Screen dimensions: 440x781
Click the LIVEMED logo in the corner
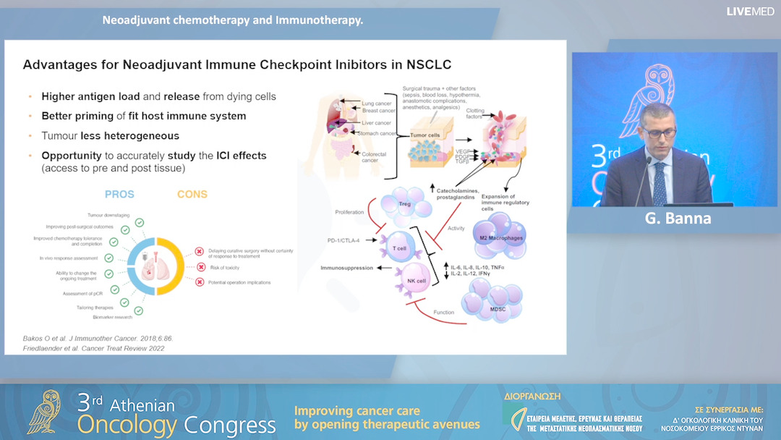pos(751,12)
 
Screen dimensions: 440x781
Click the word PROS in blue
pos(119,194)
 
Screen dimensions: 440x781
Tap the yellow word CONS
pos(192,194)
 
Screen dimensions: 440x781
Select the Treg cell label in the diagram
pos(404,205)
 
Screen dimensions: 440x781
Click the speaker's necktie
pos(659,185)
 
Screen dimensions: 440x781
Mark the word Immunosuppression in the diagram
pos(347,268)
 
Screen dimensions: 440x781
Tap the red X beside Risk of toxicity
pos(199,266)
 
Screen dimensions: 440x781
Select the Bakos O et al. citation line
pos(98,338)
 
